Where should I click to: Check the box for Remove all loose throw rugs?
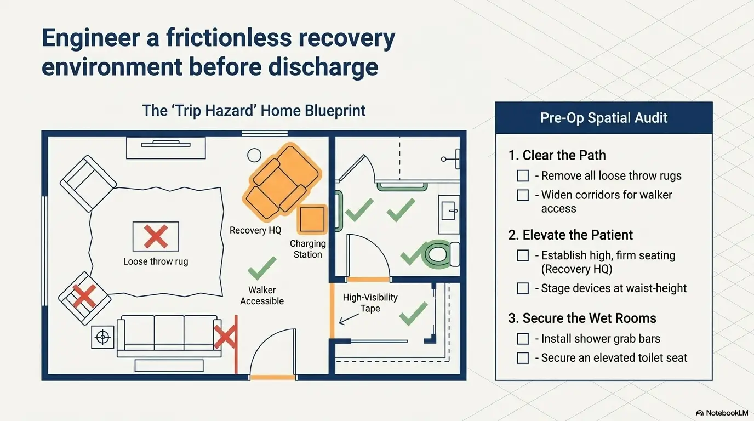click(x=523, y=175)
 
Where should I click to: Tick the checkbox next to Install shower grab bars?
click(x=523, y=338)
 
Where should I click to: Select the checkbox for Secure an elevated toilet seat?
click(x=523, y=357)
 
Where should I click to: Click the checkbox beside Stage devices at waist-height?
click(x=523, y=288)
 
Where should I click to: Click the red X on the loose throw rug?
click(x=156, y=236)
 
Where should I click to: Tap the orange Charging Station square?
click(x=312, y=219)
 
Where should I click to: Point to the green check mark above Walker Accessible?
click(x=262, y=268)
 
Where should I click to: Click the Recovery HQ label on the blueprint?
click(x=255, y=230)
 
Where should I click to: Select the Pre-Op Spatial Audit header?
click(x=604, y=118)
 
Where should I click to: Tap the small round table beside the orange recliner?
click(x=254, y=155)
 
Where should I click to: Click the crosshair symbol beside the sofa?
click(x=102, y=337)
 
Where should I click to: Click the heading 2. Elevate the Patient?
click(x=570, y=235)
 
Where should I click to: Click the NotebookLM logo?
click(x=722, y=413)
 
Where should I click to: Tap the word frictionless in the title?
click(x=229, y=38)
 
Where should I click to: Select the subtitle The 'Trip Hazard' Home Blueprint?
click(x=254, y=111)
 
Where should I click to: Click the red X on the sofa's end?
click(x=225, y=337)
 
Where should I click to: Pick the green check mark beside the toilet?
click(x=412, y=255)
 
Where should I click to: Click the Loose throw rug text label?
click(x=156, y=261)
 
